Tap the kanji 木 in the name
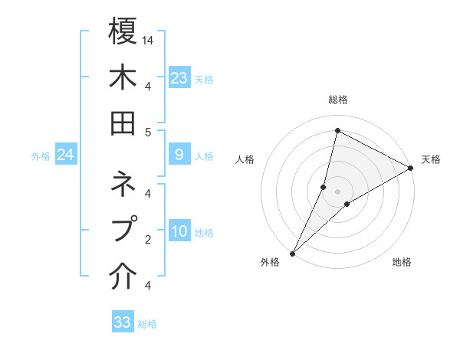click(123, 78)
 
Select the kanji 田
click(123, 123)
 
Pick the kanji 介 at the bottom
click(123, 277)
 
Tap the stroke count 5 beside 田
click(148, 132)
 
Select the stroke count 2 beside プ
click(148, 239)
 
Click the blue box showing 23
click(179, 77)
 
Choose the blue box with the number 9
click(179, 155)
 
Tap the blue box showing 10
click(179, 231)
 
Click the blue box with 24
click(66, 155)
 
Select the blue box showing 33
click(123, 322)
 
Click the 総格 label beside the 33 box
click(148, 324)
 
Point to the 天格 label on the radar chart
click(432, 159)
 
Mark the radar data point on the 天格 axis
click(410, 169)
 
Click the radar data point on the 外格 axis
click(293, 253)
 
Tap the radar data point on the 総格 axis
click(337, 131)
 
